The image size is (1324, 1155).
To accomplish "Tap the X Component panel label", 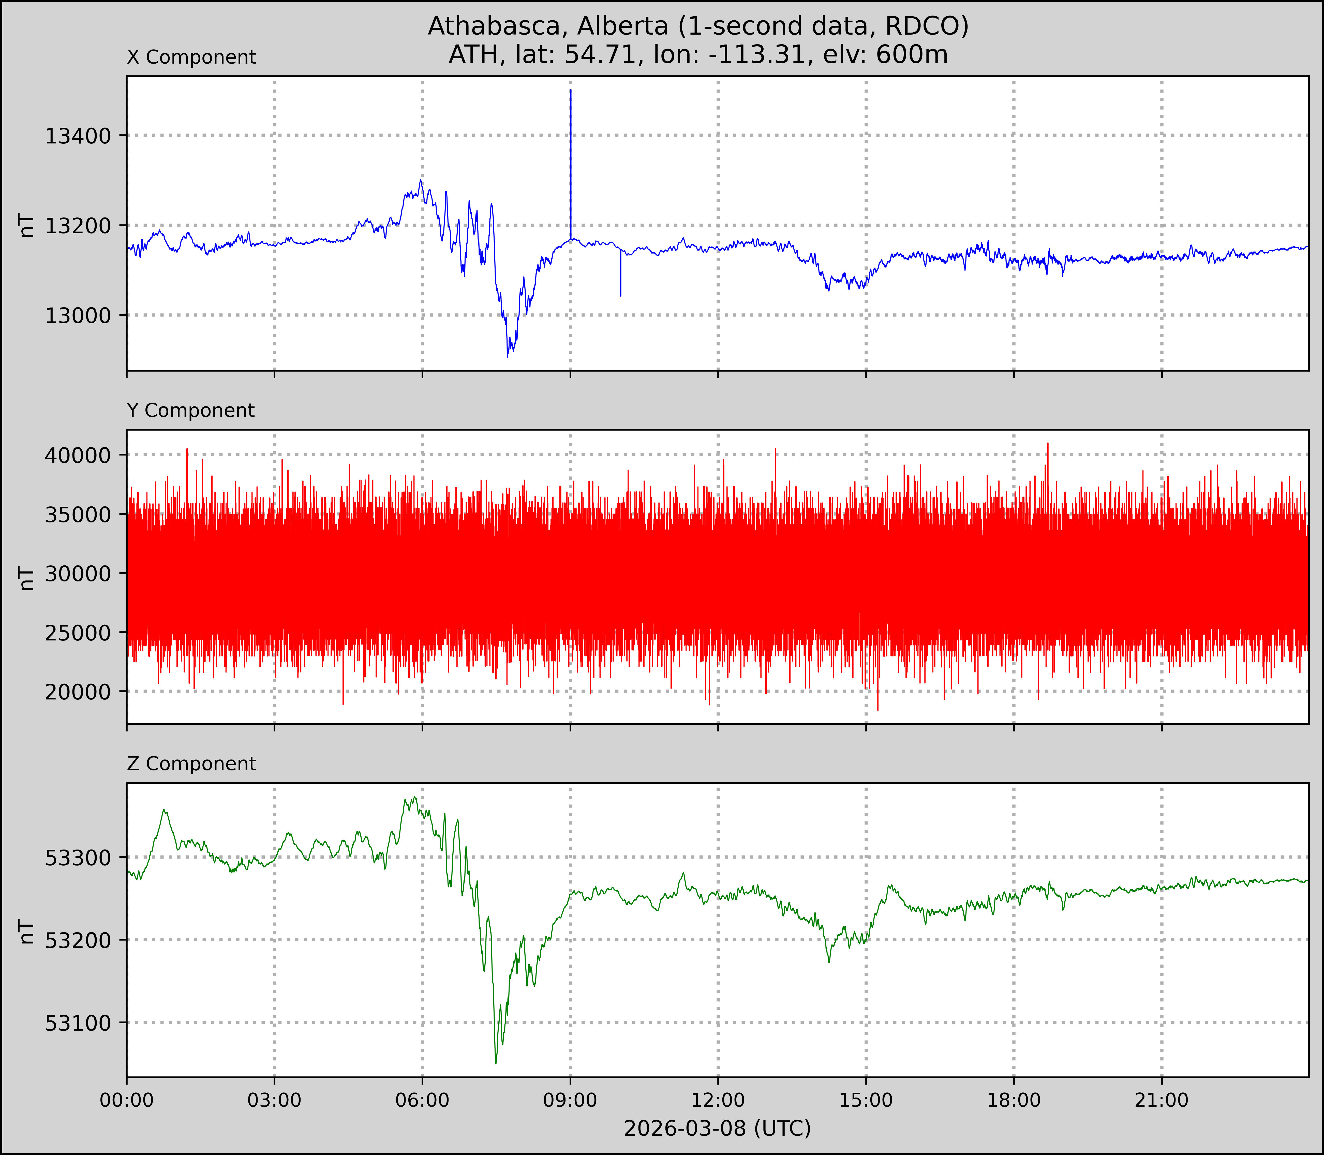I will point(191,57).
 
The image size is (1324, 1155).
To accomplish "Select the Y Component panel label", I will point(191,411).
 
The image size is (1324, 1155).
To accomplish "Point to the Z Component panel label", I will point(191,764).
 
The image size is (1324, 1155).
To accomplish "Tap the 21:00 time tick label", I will point(1162,1100).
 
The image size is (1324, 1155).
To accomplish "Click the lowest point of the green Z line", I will point(496,1063).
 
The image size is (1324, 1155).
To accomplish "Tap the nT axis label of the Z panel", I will point(27,931).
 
